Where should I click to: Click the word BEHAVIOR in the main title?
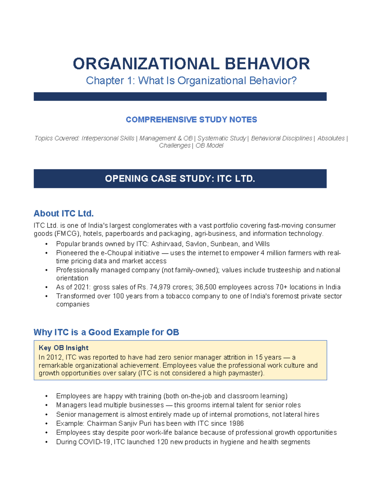(x=267, y=64)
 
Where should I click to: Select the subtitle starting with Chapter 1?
(x=191, y=81)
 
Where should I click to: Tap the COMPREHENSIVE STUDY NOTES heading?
(x=191, y=120)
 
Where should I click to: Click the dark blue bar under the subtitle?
(x=180, y=97)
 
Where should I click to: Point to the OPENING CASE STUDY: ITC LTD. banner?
(x=180, y=178)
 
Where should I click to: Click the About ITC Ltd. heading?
(x=64, y=213)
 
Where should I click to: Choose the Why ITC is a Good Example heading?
(x=106, y=332)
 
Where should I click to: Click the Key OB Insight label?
(x=64, y=348)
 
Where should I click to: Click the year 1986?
(x=236, y=423)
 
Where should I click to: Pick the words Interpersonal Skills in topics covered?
(x=108, y=138)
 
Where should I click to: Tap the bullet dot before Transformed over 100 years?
(x=47, y=296)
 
